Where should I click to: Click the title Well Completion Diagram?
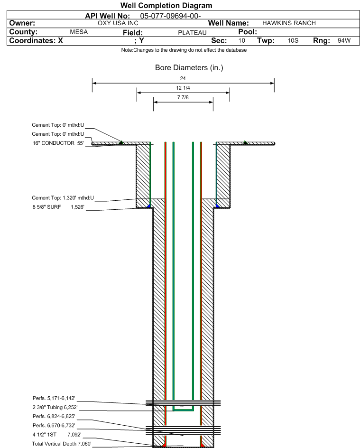[x=166, y=5]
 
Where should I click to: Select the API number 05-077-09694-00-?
[x=170, y=16]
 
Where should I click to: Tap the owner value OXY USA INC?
[x=118, y=23]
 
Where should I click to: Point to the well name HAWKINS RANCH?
[x=289, y=23]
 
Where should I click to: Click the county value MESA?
[x=79, y=32]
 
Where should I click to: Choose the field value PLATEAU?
[x=192, y=33]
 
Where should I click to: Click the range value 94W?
[x=344, y=40]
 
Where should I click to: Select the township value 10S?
[x=293, y=40]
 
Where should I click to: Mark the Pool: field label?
[x=248, y=32]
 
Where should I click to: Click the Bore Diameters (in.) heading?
[x=189, y=68]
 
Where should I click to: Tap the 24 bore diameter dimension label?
[x=183, y=78]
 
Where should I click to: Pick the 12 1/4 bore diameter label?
[x=183, y=88]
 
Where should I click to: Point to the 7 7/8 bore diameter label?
[x=183, y=97]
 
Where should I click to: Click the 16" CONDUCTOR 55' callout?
[x=58, y=143]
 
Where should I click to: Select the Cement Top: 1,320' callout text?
[x=63, y=198]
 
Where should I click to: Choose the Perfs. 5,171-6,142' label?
[x=54, y=398]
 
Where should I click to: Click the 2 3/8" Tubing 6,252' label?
[x=55, y=408]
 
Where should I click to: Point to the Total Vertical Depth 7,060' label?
[x=61, y=444]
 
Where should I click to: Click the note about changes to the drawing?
[x=184, y=50]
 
